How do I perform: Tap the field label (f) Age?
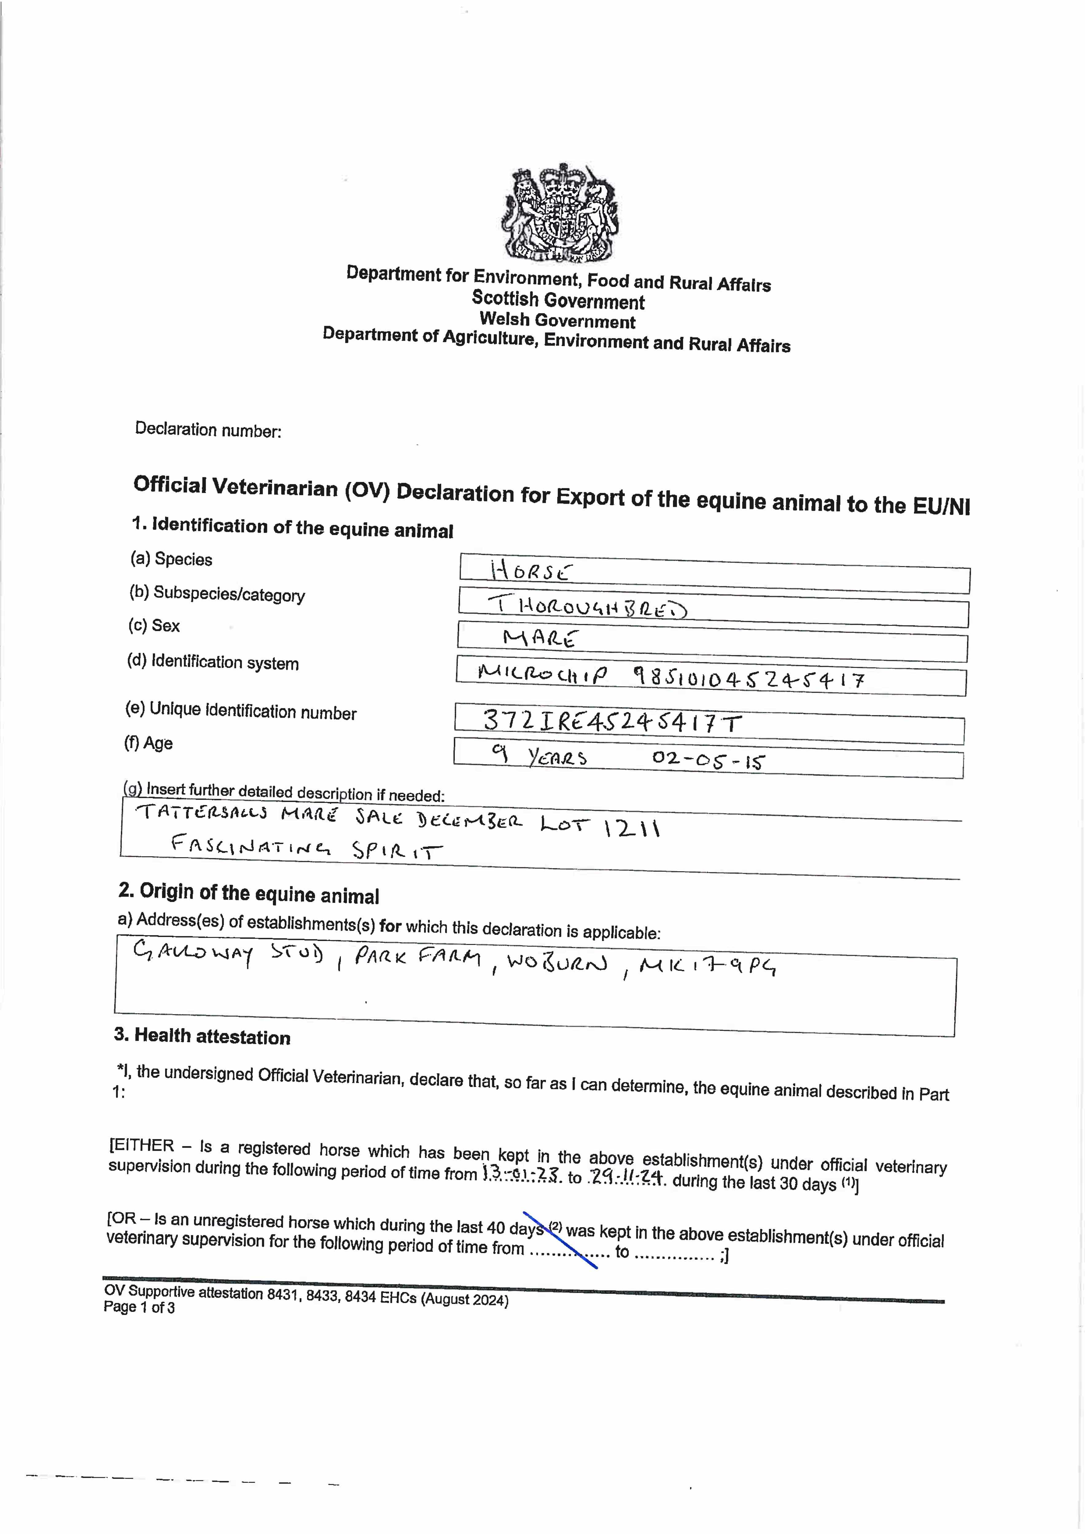click(x=148, y=743)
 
